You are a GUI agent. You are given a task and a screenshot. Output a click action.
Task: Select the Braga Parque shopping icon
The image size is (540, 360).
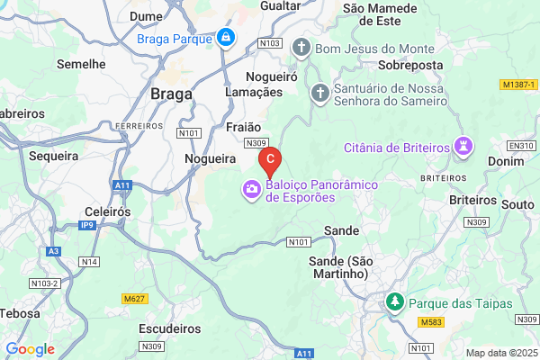(x=225, y=39)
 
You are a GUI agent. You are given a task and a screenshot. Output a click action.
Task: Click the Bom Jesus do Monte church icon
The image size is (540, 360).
(x=301, y=46)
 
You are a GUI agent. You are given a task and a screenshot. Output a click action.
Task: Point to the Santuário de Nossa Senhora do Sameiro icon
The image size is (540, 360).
(x=319, y=92)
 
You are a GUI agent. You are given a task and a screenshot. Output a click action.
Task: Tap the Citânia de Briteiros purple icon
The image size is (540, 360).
(x=464, y=147)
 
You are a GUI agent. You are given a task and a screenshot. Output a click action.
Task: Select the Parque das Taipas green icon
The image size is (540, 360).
(x=394, y=302)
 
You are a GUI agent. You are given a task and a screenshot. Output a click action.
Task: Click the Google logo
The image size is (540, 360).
(x=30, y=349)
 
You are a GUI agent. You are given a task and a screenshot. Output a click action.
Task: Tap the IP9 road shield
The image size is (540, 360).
(x=87, y=225)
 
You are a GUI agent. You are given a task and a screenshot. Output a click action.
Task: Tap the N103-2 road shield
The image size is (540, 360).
(x=42, y=283)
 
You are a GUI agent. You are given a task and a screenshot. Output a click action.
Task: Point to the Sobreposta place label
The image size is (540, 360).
(x=412, y=66)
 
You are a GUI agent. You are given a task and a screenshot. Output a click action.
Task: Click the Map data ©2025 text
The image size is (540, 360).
(x=499, y=352)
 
